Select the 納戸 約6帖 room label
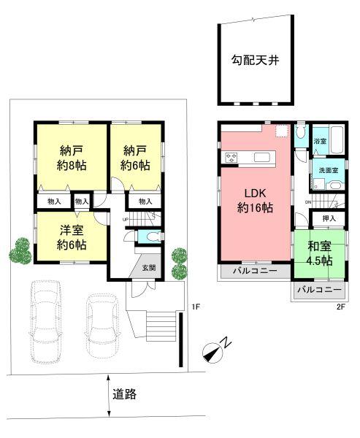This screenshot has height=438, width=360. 136,158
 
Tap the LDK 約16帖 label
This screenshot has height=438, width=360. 253,201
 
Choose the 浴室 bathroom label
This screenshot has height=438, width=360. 320,140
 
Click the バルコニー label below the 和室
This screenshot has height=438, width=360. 319,290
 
